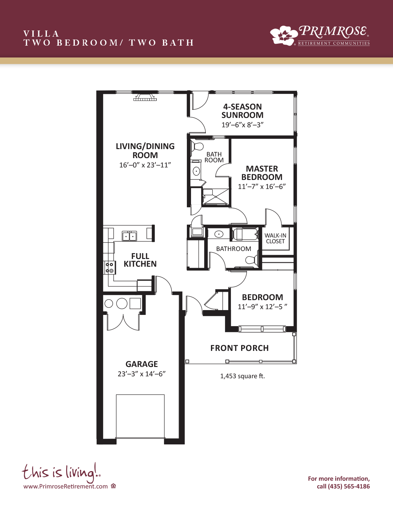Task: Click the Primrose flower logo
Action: tap(283, 35)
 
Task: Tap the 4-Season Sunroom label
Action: tap(242, 111)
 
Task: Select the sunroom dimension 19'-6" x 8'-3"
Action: tap(242, 125)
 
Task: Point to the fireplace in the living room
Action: tap(145, 97)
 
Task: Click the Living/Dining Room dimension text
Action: tap(145, 165)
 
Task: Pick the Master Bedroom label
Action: tap(262, 173)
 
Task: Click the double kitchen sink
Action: tap(129, 236)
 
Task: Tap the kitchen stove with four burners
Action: tap(109, 268)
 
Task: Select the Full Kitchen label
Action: tap(140, 260)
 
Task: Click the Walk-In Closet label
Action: tap(275, 238)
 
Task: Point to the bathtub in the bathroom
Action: tap(245, 234)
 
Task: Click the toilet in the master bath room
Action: tap(197, 147)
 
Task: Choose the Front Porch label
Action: tap(240, 348)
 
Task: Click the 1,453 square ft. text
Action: tap(242, 376)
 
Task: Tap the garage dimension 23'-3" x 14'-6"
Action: tap(142, 374)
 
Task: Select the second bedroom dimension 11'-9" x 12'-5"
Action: tap(262, 307)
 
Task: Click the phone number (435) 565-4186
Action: tap(349, 487)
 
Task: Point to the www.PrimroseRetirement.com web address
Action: tap(65, 487)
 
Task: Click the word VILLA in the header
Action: tap(41, 34)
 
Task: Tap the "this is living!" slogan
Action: tap(61, 472)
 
